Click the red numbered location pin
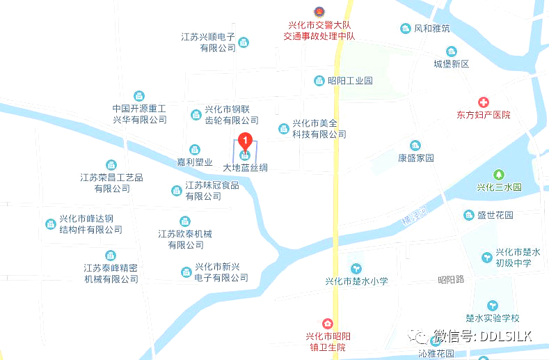click(x=244, y=141)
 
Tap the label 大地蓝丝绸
click(x=245, y=168)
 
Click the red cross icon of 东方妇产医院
click(x=483, y=102)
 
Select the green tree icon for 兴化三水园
click(x=498, y=174)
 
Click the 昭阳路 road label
click(x=450, y=280)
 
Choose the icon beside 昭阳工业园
click(x=319, y=80)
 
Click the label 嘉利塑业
click(x=194, y=162)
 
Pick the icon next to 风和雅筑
click(x=406, y=29)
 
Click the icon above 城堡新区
click(x=452, y=52)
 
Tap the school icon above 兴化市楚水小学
click(x=356, y=268)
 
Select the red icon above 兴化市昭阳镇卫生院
click(x=327, y=324)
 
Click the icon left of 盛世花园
click(x=469, y=215)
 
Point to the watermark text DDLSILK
click(x=502, y=337)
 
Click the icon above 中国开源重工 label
click(x=140, y=96)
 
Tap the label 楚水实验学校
click(x=492, y=318)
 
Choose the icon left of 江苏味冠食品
click(x=177, y=190)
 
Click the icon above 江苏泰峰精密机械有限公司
click(x=111, y=256)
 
